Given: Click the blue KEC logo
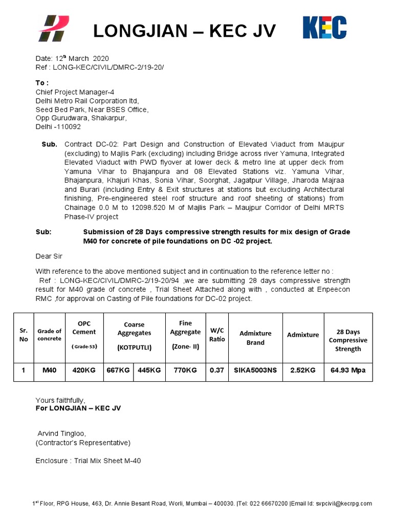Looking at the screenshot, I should (x=324, y=28).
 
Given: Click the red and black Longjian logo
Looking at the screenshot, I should (x=54, y=29).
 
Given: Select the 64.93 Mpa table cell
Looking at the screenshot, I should (x=348, y=370).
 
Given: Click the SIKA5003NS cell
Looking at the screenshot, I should (x=255, y=370).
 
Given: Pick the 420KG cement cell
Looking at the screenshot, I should (x=84, y=370).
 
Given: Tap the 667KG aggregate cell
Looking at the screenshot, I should (x=118, y=370).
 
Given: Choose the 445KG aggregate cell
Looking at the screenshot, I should (x=149, y=370).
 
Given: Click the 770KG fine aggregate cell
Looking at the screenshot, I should (x=185, y=370).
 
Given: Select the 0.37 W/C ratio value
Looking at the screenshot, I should (x=216, y=370).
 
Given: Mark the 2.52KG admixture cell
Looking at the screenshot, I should (x=303, y=370).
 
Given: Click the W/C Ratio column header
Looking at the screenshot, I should (x=217, y=335).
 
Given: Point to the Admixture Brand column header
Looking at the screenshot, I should (x=255, y=338).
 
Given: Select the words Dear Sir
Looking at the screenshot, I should (x=49, y=256).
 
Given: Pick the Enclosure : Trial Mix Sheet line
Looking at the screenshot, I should (x=88, y=461).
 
